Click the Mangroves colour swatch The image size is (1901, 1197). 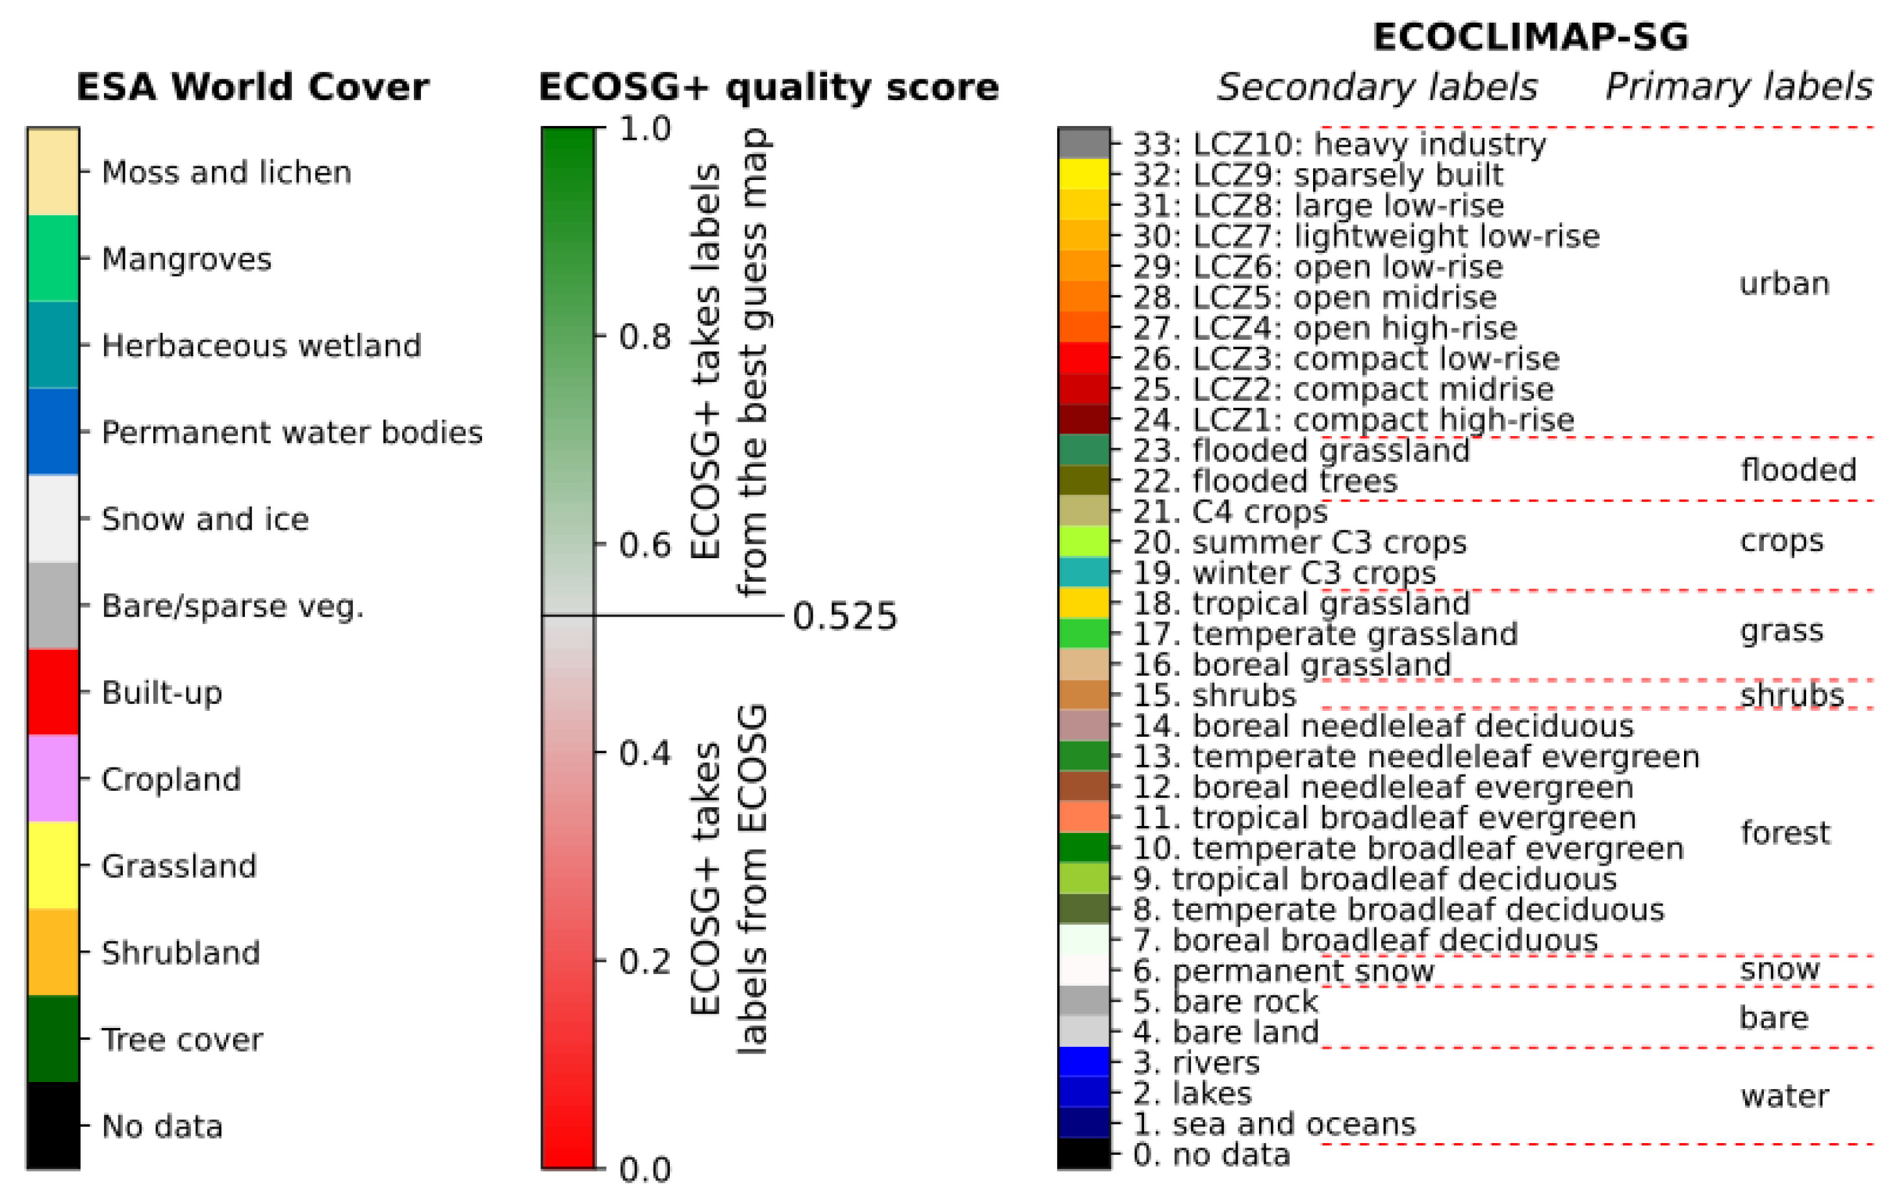[53, 258]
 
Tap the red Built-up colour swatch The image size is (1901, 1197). [53, 691]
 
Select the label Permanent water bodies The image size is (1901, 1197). [292, 432]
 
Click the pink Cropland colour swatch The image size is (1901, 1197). [53, 779]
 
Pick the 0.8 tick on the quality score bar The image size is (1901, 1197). [644, 337]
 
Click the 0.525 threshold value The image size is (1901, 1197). [845, 616]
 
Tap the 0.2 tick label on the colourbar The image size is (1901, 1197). [644, 961]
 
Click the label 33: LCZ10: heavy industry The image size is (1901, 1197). [1339, 144]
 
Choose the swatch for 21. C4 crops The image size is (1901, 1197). [1084, 511]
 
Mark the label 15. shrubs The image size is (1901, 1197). [1214, 695]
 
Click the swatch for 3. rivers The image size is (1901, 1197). [1084, 1062]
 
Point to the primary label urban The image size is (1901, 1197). [1784, 283]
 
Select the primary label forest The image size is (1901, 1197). [1784, 832]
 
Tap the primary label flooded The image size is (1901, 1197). [1798, 470]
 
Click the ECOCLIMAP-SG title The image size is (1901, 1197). [1530, 36]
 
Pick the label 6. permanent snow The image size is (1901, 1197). [1283, 970]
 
